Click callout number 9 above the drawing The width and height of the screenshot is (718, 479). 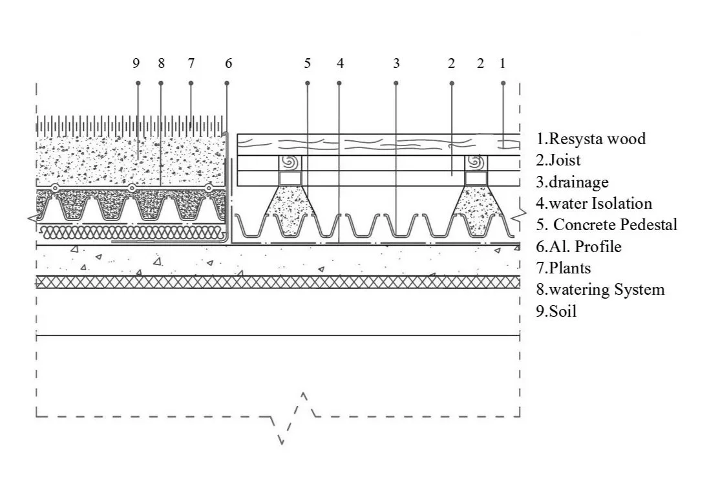tap(136, 63)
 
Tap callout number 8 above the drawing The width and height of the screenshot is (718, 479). tap(161, 63)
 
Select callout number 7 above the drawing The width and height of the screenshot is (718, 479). tap(191, 63)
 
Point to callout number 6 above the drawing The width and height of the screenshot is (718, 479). tap(228, 63)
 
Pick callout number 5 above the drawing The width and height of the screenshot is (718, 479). tap(307, 63)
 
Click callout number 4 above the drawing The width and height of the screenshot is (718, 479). tap(340, 63)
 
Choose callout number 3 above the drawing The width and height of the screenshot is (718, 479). tap(396, 63)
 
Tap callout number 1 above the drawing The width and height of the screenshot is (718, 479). tap(502, 63)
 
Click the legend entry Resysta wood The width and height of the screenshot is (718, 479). tap(591, 138)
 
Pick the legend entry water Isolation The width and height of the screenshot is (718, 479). tap(594, 204)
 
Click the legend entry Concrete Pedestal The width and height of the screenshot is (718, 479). tap(607, 225)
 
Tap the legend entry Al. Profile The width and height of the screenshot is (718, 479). tap(578, 246)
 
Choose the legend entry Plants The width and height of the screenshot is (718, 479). tap(564, 268)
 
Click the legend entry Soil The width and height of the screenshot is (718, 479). tap(556, 311)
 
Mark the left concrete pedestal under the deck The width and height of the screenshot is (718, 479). tap(290, 210)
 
